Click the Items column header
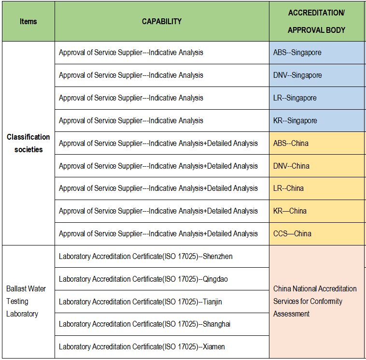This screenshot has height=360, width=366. pos(28,21)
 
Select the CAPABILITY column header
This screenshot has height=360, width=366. pos(162,21)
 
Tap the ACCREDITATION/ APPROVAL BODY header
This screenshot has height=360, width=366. pos(316,21)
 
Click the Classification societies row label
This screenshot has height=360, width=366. pos(28,143)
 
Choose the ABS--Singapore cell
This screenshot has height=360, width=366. pos(316,52)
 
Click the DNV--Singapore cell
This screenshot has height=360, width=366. pos(316,75)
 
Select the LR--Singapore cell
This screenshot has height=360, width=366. pos(316,98)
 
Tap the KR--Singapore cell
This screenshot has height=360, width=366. pos(316,120)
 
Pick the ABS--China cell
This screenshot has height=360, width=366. pos(316,143)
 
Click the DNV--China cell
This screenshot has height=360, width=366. pos(316,166)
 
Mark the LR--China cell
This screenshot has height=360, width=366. pos(316,188)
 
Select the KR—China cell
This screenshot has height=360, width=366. pos(316,211)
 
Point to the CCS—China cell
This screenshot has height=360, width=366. pos(316,233)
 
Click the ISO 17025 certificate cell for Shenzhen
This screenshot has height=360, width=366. pos(162,256)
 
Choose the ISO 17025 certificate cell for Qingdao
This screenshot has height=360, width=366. pos(162,279)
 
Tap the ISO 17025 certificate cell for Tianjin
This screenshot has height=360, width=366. pos(162,302)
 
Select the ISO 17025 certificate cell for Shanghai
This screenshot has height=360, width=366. pos(162,324)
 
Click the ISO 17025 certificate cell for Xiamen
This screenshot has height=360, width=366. pos(162,346)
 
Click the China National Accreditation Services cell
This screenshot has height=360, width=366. pos(316,301)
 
